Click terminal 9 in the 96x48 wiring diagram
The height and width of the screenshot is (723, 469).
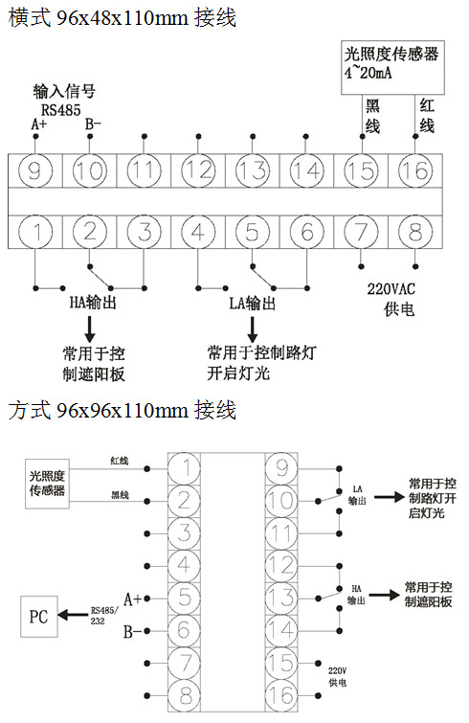point(35,170)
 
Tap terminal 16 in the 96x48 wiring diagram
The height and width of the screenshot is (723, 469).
point(415,170)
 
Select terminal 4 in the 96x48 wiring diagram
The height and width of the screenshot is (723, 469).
point(198,232)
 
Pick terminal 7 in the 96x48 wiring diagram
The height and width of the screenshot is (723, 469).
point(361,232)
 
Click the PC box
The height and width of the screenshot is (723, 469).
point(39,617)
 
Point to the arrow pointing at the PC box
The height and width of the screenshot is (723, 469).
point(73,615)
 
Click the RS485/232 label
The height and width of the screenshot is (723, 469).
point(103,615)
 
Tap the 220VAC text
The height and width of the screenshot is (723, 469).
point(391,289)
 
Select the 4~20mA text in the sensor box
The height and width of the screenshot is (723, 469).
point(368,73)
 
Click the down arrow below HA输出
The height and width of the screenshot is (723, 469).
point(90,328)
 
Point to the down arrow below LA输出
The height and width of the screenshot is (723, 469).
point(253,329)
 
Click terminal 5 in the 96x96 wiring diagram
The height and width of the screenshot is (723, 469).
point(185,599)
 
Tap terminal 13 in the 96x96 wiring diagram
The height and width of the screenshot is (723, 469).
point(281,599)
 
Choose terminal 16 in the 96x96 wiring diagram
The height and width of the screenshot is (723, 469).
point(281,695)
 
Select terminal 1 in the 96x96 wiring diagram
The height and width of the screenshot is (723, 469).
point(185,468)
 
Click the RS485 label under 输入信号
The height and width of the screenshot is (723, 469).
point(60,110)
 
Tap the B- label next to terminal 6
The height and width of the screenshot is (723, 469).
point(132,631)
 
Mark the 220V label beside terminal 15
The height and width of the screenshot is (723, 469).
point(337,671)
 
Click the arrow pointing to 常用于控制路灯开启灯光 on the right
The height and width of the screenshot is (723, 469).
point(389,498)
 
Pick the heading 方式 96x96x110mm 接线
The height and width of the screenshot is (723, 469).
point(123,410)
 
